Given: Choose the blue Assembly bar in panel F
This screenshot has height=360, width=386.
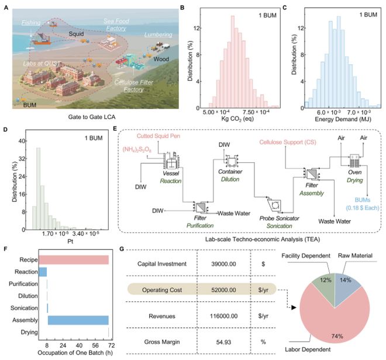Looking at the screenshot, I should [78, 320].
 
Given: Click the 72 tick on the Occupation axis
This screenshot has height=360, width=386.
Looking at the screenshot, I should [109, 347].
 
